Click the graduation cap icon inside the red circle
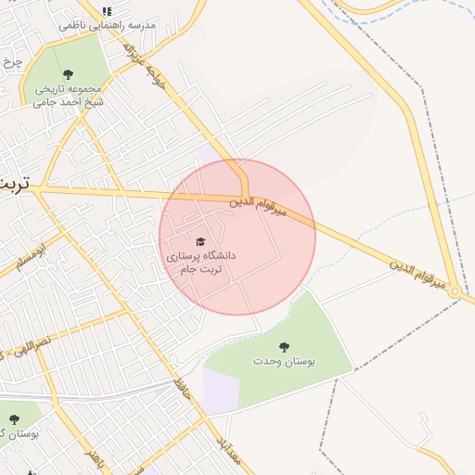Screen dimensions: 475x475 click(x=200, y=241)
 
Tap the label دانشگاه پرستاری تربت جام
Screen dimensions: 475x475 click(x=200, y=261)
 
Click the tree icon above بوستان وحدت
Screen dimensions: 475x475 click(x=284, y=347)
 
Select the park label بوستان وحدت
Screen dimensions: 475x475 click(x=284, y=361)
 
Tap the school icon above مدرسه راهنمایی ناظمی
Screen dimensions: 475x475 click(x=107, y=11)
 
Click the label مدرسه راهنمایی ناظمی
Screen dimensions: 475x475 click(x=107, y=25)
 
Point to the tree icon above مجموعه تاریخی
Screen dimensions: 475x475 click(x=67, y=74)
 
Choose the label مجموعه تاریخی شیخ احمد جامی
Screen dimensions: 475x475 click(x=67, y=96)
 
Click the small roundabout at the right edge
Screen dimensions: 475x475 click(x=456, y=293)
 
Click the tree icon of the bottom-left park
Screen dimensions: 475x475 click(x=14, y=419)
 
